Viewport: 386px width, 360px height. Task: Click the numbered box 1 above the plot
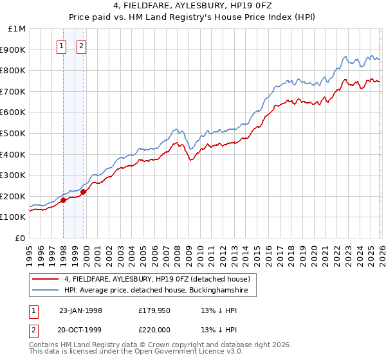coord(62,46)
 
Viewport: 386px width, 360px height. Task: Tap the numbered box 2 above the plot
coord(82,46)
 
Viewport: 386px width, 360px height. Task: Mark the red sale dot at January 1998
coord(64,201)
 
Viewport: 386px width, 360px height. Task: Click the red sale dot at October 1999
coord(84,192)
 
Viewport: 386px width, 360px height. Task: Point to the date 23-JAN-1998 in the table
coord(80,310)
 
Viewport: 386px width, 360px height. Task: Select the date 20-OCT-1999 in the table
coord(80,330)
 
